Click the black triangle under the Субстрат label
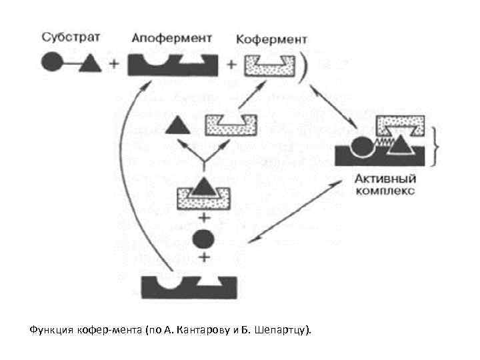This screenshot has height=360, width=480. (x=91, y=65)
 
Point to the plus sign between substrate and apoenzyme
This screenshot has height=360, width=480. (x=114, y=65)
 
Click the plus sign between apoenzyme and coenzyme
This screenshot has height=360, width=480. (x=231, y=65)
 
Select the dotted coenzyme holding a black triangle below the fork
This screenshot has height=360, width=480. (x=203, y=195)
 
